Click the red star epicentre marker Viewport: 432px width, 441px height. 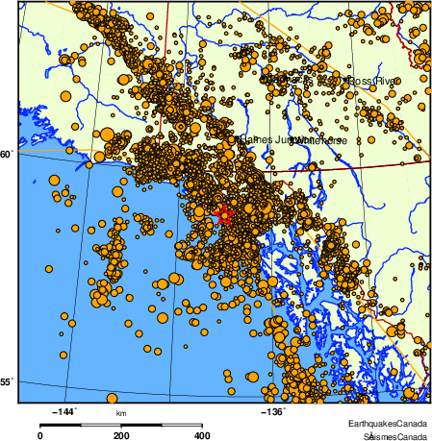point(223,215)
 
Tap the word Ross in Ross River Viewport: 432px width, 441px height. point(359,81)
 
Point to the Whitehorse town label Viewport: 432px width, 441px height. point(317,140)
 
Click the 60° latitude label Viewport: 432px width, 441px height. point(8,154)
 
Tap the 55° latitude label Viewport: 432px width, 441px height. point(8,383)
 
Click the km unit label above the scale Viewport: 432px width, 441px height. point(121,414)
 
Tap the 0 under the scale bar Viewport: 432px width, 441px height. point(39,435)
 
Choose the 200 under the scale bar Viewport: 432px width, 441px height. point(121,435)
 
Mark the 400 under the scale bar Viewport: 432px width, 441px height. point(203,435)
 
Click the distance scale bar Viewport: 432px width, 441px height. point(121,424)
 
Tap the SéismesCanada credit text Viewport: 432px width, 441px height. point(389,435)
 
